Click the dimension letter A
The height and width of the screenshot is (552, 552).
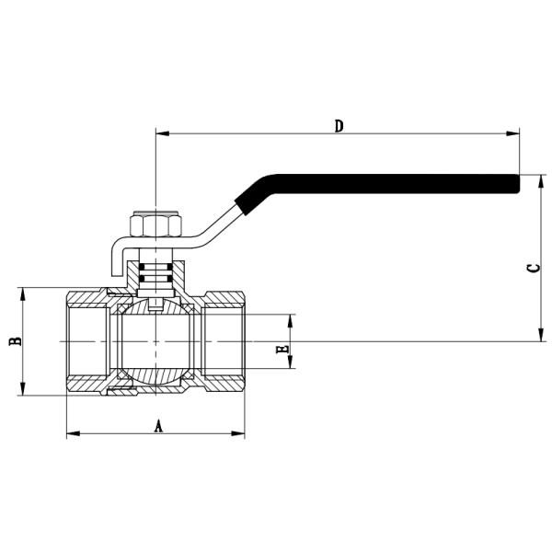coord(157,425)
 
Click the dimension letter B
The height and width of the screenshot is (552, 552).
coord(15,341)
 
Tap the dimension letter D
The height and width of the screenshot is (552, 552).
coord(339,125)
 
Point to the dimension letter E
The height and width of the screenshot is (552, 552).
coord(282,349)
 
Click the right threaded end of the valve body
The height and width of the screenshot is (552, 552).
coord(225,341)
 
